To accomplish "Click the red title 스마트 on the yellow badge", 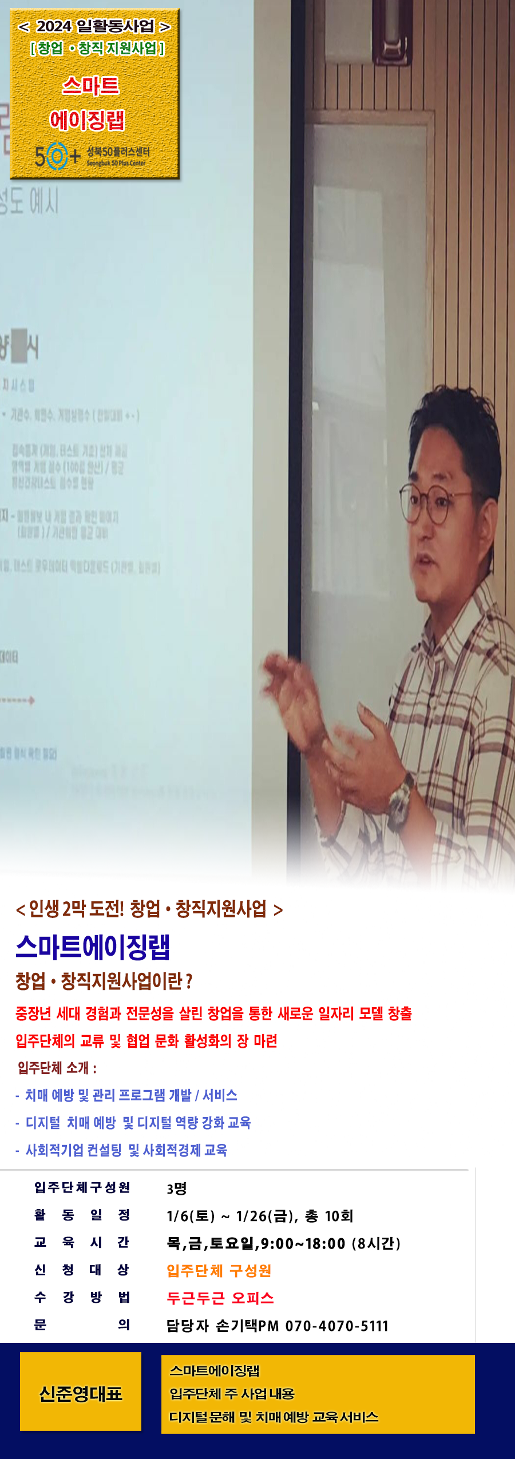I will tap(90, 86).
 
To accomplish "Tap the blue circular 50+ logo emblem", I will tap(56, 156).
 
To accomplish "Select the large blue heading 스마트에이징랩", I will tap(93, 947).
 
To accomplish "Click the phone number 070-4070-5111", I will tap(337, 1325).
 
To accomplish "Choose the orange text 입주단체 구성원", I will tap(219, 1270).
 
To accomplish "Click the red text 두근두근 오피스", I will tap(220, 1298).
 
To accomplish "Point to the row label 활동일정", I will tap(82, 1215).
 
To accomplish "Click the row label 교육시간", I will tap(82, 1242).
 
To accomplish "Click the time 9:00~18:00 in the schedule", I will tap(303, 1243).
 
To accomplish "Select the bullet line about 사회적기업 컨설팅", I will tap(126, 1150).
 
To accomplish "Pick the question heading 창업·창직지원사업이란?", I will tap(104, 981).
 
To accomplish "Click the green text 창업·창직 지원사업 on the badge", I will tap(97, 49).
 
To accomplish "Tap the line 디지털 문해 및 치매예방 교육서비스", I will tap(274, 1417).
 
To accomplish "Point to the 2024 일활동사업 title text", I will tap(95, 26).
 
